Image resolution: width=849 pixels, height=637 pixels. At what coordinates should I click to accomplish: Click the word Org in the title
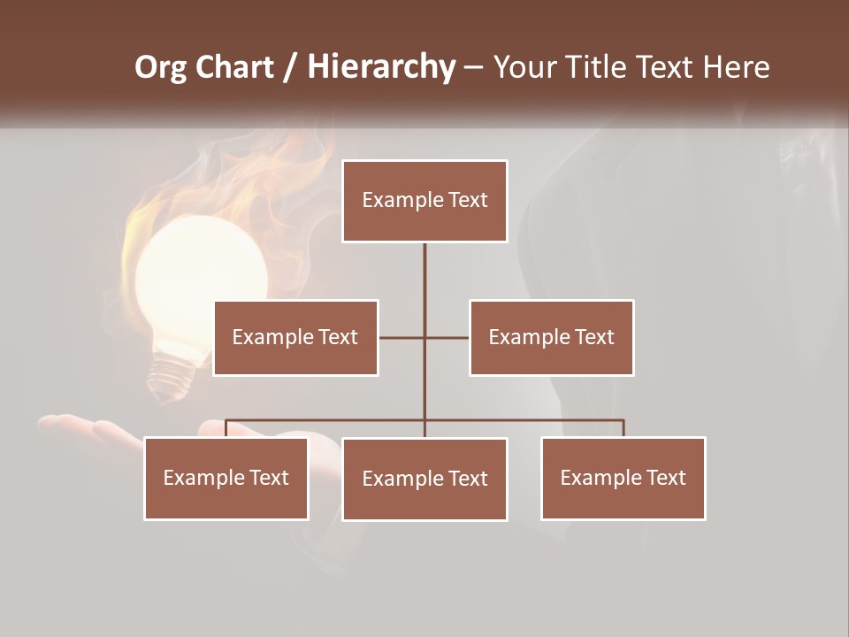pyautogui.click(x=160, y=67)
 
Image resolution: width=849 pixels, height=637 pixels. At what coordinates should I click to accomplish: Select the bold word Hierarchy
pyautogui.click(x=381, y=67)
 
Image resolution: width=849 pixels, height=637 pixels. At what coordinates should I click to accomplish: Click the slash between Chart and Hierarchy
pyautogui.click(x=290, y=68)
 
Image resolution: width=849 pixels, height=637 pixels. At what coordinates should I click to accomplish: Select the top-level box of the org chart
pyautogui.click(x=424, y=201)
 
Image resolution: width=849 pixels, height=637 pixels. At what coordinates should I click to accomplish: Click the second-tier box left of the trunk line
pyautogui.click(x=295, y=338)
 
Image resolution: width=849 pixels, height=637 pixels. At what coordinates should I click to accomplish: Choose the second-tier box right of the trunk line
pyautogui.click(x=551, y=338)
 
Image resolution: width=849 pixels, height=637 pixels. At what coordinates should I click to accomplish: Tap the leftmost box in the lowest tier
pyautogui.click(x=226, y=479)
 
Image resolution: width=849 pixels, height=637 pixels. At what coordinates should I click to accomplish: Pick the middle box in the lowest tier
pyautogui.click(x=424, y=480)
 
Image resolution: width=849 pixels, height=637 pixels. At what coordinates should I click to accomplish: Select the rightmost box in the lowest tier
pyautogui.click(x=623, y=479)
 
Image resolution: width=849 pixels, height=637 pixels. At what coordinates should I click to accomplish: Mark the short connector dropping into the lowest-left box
pyautogui.click(x=226, y=428)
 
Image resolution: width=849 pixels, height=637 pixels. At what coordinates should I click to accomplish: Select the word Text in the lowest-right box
pyautogui.click(x=665, y=479)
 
